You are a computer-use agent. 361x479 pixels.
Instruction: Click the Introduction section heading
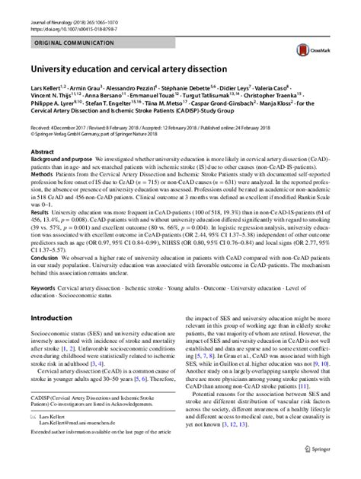pyautogui.click(x=56, y=339)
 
